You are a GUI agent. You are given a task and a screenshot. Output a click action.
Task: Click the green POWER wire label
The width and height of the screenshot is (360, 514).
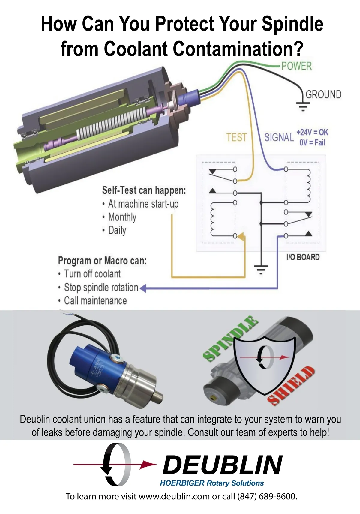click(296, 66)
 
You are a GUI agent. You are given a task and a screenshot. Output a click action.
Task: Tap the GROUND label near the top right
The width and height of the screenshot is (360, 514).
click(323, 94)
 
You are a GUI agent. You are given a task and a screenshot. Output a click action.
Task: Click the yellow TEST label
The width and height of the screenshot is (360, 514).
click(236, 137)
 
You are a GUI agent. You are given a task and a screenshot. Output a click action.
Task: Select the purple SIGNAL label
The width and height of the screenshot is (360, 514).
click(279, 137)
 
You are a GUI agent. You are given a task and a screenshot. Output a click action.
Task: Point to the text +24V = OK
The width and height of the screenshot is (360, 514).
click(312, 132)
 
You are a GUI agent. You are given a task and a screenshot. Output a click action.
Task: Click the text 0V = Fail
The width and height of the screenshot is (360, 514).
click(312, 142)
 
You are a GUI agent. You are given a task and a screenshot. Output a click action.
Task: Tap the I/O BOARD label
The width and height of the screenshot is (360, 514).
click(303, 257)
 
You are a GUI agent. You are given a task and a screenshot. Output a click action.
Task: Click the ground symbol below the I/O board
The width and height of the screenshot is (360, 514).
click(261, 269)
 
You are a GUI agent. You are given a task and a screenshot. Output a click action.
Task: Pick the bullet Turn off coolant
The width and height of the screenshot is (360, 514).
click(92, 274)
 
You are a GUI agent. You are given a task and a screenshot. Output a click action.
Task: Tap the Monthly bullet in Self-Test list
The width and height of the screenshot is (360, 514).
click(122, 217)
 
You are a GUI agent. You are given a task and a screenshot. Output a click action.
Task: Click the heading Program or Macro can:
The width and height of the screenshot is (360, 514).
click(102, 261)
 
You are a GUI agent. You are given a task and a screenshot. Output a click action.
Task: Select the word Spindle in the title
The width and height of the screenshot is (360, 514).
click(292, 24)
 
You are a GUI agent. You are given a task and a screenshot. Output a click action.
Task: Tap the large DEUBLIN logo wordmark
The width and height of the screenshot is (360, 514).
click(222, 465)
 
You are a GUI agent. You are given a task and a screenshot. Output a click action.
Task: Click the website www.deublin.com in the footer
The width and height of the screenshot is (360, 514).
click(174, 496)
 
